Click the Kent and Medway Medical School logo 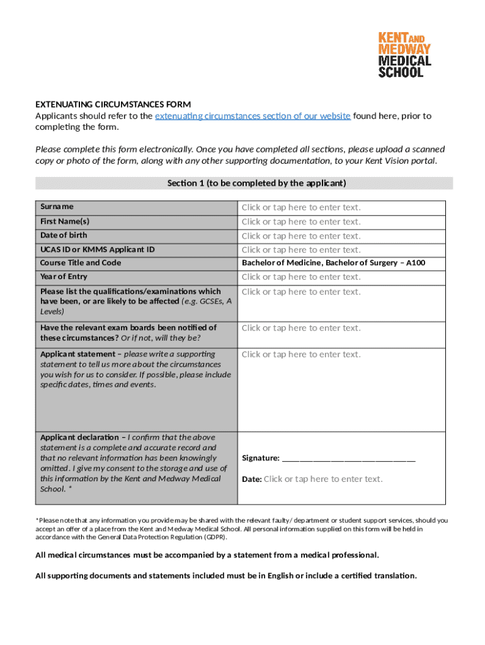click(404, 55)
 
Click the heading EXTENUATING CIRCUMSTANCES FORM click(113, 104)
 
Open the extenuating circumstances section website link click(253, 116)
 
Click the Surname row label click(57, 207)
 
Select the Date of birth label click(64, 236)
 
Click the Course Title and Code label click(81, 263)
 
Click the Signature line click(349, 458)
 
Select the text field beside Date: click(322, 479)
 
